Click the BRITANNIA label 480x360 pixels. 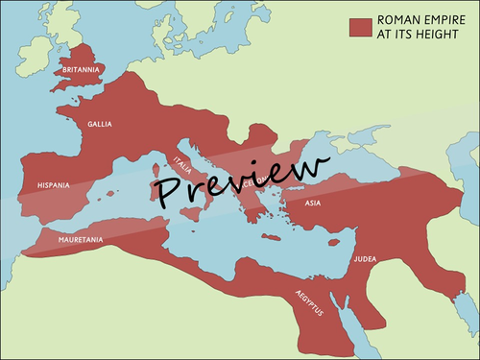pos(81,69)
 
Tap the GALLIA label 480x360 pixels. pos(100,124)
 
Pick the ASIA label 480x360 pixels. pos(313,204)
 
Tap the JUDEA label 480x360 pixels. pos(366,257)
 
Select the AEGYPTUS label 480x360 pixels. pos(308,303)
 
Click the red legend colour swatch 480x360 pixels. pos(360,26)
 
